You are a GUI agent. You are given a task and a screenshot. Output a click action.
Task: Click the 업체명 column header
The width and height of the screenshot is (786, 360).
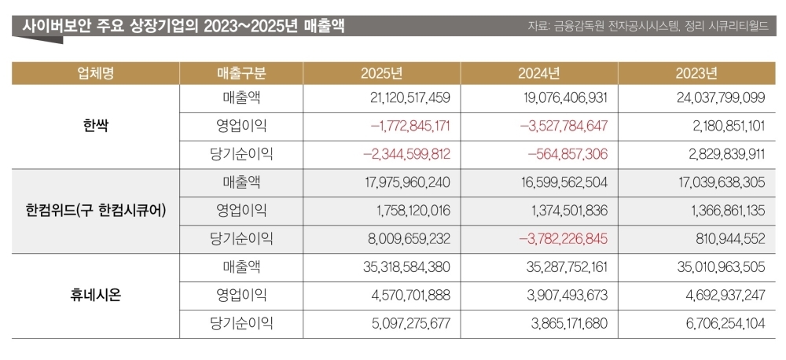pyautogui.click(x=96, y=74)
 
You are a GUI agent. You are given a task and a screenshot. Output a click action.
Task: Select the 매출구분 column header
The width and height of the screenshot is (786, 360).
pyautogui.click(x=241, y=74)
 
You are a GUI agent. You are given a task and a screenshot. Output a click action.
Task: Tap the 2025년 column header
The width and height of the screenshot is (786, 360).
pyautogui.click(x=382, y=74)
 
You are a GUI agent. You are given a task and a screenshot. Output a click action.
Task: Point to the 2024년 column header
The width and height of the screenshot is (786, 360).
pyautogui.click(x=539, y=74)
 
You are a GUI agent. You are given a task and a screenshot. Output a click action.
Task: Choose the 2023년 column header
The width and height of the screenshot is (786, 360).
pyautogui.click(x=696, y=74)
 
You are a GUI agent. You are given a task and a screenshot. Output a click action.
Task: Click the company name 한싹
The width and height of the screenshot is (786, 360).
pyautogui.click(x=96, y=126)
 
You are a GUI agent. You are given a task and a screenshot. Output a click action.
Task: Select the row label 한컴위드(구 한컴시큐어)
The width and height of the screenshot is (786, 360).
pyautogui.click(x=96, y=210)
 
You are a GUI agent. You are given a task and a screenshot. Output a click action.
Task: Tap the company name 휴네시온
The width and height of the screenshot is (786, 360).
pyautogui.click(x=96, y=296)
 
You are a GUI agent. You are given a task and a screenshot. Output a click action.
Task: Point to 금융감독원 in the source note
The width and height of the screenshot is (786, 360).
pyautogui.click(x=582, y=27)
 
